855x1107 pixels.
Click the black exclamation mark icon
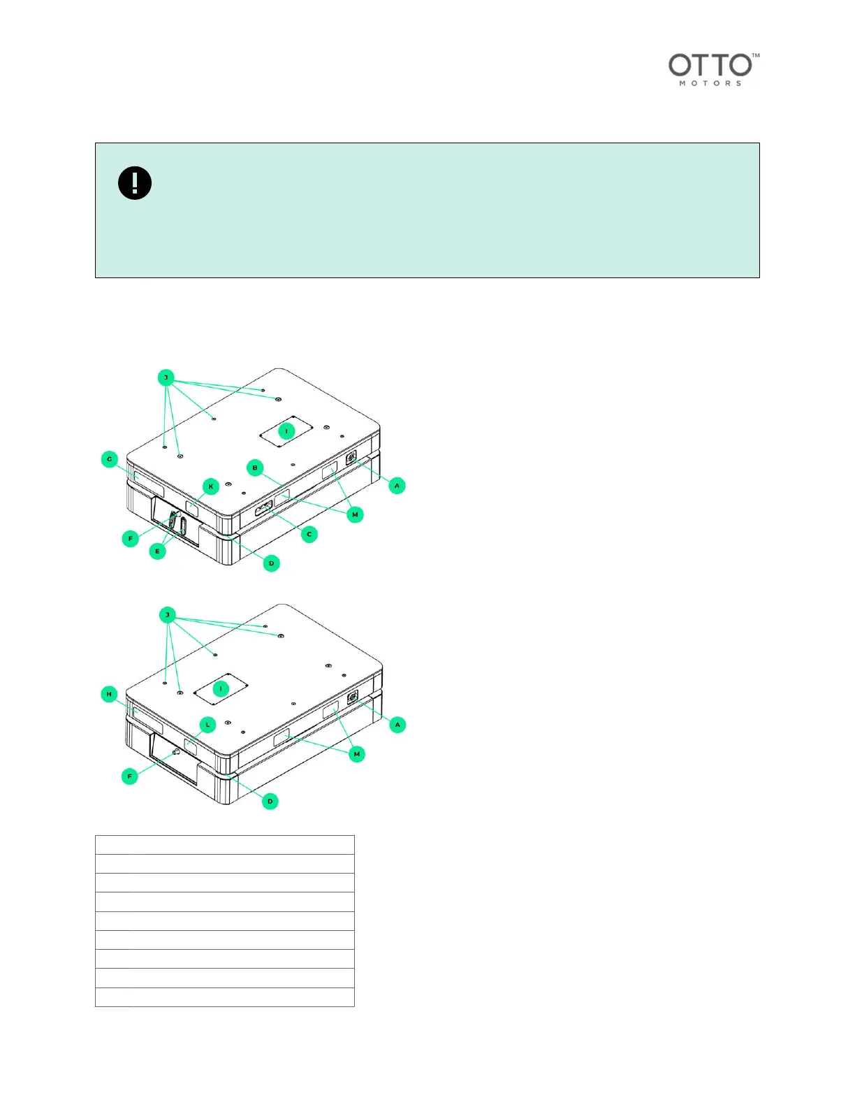click(x=135, y=183)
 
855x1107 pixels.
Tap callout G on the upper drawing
click(x=110, y=459)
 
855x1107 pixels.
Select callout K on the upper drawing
click(x=211, y=486)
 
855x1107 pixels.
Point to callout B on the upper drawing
click(x=256, y=468)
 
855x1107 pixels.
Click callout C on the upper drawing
click(x=309, y=535)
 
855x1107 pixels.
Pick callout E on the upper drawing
click(x=158, y=551)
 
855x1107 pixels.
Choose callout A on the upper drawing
click(x=397, y=485)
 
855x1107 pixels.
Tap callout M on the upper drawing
click(x=355, y=515)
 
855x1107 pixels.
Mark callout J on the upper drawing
click(x=166, y=378)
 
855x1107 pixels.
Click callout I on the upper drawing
click(x=286, y=430)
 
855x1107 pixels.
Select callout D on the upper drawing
click(x=272, y=563)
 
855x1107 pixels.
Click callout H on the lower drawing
click(x=110, y=694)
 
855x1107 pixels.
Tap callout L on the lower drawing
click(x=207, y=725)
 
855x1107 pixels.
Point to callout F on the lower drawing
click(x=130, y=776)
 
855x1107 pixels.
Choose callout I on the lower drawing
click(x=221, y=688)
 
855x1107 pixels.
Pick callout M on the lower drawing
click(x=357, y=754)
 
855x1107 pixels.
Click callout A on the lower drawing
click(x=397, y=725)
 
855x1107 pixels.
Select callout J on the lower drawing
click(x=168, y=615)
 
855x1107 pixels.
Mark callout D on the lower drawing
click(x=270, y=802)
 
